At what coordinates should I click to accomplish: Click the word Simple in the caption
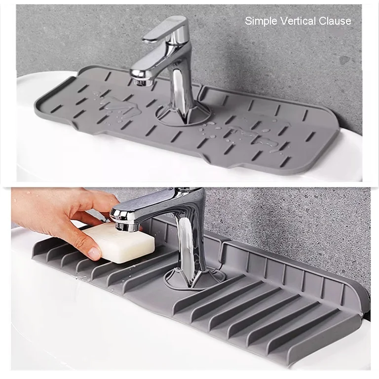(x=262, y=21)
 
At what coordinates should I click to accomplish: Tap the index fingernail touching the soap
(x=94, y=254)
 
